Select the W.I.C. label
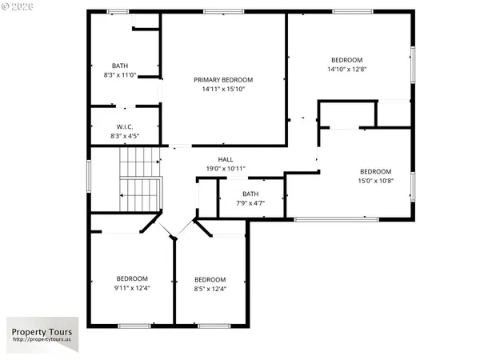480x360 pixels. click(124, 126)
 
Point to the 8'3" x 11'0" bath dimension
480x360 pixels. click(120, 75)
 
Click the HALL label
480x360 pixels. click(226, 159)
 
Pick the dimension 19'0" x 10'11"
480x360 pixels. click(226, 169)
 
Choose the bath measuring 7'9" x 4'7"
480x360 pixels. click(251, 198)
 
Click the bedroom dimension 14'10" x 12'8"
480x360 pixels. click(347, 69)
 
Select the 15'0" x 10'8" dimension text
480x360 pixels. click(375, 181)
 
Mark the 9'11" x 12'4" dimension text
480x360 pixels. click(132, 288)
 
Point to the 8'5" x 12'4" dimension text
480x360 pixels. click(210, 289)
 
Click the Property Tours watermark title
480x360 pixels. click(41, 332)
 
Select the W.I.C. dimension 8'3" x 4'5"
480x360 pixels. click(124, 136)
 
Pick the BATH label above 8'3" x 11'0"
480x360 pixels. click(120, 66)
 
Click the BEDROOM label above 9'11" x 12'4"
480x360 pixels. click(132, 278)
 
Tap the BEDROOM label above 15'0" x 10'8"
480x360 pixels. click(375, 171)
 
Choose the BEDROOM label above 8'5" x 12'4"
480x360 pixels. click(210, 279)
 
